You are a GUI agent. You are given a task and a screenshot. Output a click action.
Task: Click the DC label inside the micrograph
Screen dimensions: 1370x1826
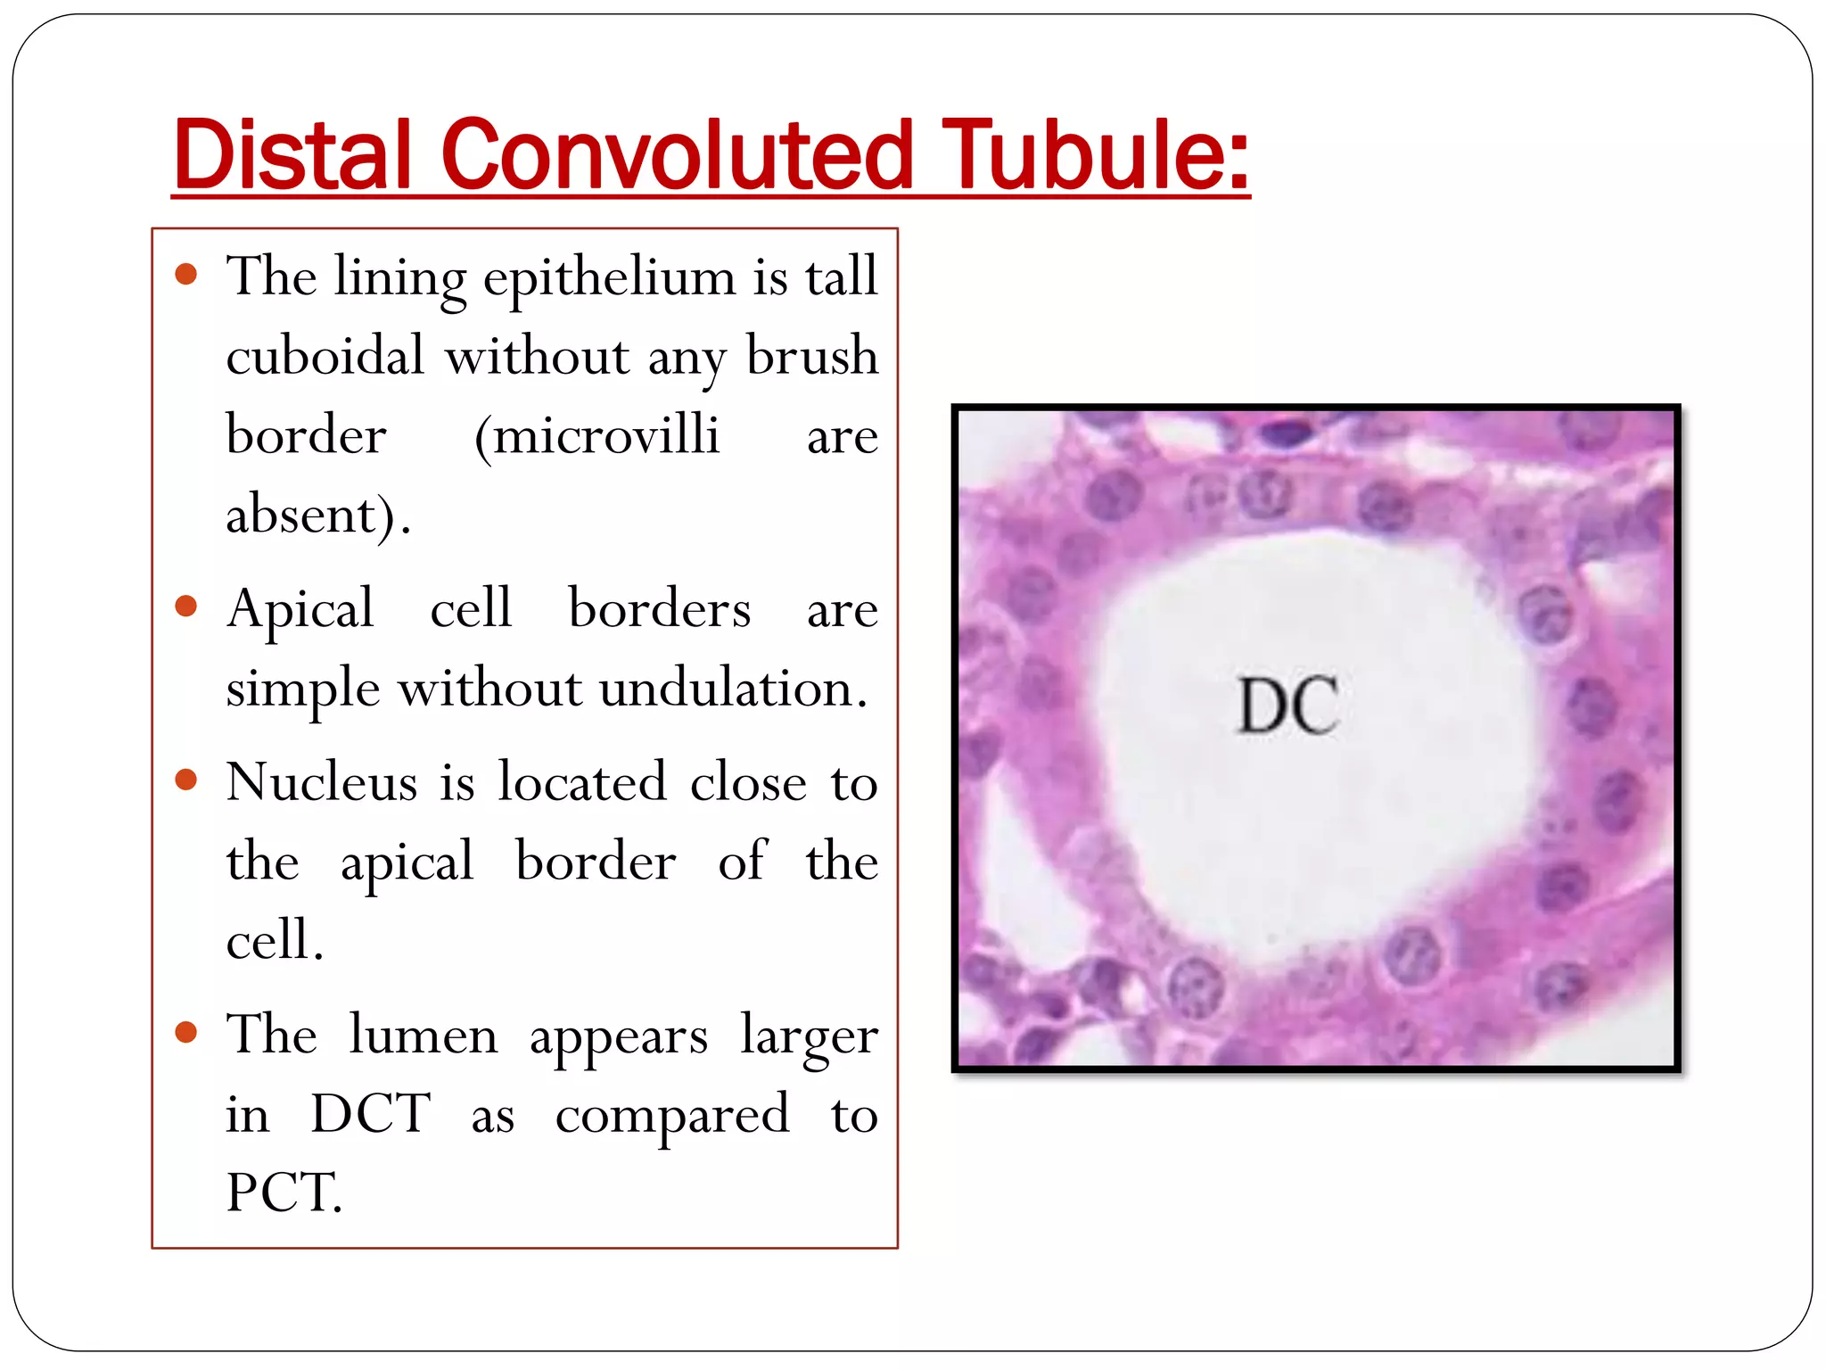(1287, 706)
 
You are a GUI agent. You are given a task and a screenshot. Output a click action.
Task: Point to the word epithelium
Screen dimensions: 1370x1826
(609, 277)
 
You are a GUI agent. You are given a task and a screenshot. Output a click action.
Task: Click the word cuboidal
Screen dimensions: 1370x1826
(325, 356)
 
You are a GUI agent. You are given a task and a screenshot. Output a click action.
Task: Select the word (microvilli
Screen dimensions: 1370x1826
(596, 436)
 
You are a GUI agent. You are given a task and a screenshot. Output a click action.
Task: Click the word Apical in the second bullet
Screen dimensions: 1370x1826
(300, 610)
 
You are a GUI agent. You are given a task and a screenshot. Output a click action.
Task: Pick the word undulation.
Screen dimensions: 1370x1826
(733, 689)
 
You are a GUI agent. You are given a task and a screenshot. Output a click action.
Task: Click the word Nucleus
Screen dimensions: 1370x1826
(322, 782)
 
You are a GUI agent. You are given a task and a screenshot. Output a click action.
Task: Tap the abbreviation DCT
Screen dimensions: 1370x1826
(370, 1114)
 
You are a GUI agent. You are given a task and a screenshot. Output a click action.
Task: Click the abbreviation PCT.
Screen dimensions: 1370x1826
(284, 1193)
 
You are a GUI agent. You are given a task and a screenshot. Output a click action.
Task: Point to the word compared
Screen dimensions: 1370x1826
(672, 1116)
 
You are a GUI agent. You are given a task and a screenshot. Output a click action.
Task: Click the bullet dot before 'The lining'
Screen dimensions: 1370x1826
(186, 274)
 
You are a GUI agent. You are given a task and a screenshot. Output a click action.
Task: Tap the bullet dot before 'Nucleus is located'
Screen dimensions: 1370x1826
(186, 780)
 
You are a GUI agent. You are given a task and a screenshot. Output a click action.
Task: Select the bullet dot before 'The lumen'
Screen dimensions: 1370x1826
(186, 1033)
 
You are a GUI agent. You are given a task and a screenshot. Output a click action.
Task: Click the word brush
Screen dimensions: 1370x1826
(811, 356)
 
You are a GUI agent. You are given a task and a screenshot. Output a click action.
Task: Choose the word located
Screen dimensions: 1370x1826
(582, 782)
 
